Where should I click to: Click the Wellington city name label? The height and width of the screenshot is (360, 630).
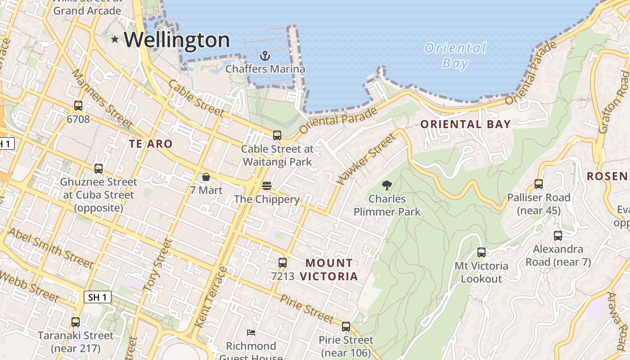tap(177, 40)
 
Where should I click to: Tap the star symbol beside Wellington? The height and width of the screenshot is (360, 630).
tap(115, 40)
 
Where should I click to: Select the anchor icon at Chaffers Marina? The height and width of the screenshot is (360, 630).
tap(265, 56)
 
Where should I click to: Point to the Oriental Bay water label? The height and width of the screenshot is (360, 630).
tap(455, 55)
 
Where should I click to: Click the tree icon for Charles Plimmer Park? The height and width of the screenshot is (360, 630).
tap(387, 185)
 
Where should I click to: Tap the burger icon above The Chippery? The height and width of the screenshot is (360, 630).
tap(266, 185)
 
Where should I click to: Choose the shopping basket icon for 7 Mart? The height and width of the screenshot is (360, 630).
tap(206, 177)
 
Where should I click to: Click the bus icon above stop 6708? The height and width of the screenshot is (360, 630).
tap(78, 106)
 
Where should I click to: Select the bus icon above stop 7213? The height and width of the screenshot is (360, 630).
tap(283, 262)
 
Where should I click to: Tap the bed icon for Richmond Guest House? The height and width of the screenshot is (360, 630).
tap(251, 333)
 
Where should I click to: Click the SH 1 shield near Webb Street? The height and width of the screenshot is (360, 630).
tap(97, 297)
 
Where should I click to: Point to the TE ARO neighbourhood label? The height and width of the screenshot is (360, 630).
tap(151, 144)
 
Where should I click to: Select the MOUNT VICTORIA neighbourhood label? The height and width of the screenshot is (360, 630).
tap(329, 270)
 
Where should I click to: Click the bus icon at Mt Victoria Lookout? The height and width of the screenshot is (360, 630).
tap(481, 252)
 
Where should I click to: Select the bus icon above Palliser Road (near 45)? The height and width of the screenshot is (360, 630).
tap(539, 184)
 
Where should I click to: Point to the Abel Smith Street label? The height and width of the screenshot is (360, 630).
tap(50, 247)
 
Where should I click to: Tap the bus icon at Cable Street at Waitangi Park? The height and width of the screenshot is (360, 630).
tap(277, 135)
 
